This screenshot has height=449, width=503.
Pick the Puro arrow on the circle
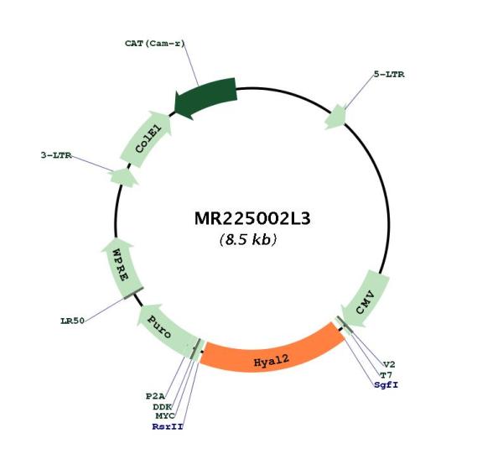(165, 329)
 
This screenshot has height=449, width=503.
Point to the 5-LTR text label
(389, 75)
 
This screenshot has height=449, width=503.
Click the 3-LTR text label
(56, 155)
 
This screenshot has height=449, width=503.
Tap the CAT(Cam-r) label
(155, 44)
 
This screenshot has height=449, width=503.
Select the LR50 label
(72, 321)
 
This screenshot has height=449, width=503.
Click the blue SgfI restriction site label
(386, 384)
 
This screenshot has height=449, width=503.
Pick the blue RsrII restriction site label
(168, 426)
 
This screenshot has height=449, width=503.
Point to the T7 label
(386, 374)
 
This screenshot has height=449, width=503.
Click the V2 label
(389, 364)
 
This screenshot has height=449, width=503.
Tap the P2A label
(155, 396)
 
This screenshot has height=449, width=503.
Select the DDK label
(163, 407)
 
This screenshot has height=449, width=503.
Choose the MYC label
(165, 416)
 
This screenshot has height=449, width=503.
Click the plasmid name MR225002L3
(252, 219)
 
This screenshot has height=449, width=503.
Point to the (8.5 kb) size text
(248, 239)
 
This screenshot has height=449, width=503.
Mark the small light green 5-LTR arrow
(335, 117)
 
